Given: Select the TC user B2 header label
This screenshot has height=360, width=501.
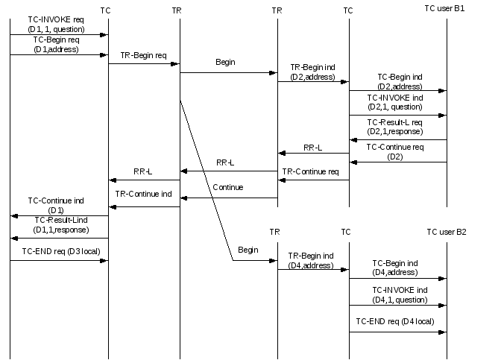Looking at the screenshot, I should tap(447, 232).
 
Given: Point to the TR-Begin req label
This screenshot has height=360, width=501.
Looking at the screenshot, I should tap(144, 55).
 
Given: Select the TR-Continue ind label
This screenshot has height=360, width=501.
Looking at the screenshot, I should tap(144, 194).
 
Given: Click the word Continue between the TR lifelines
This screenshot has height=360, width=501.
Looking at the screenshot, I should tap(227, 187).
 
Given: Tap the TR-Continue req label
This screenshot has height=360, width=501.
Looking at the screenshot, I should tap(310, 171).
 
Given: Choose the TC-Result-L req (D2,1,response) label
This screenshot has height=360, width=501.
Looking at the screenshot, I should tap(395, 126).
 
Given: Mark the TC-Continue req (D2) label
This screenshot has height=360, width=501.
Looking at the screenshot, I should tap(395, 151).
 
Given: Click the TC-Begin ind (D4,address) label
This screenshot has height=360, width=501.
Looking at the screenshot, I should tap(397, 268).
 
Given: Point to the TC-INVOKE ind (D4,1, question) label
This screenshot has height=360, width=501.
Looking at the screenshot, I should tap(397, 294).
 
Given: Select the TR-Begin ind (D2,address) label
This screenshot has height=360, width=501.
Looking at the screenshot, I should tap(312, 71).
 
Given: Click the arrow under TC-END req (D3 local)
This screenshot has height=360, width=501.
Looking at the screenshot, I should tap(59, 261).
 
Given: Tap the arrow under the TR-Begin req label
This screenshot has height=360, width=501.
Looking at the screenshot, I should tap(144, 63).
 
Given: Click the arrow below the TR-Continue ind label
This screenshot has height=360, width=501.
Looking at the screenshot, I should tap(144, 206).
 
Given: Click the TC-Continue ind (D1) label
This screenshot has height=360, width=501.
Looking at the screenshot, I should tap(57, 205).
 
